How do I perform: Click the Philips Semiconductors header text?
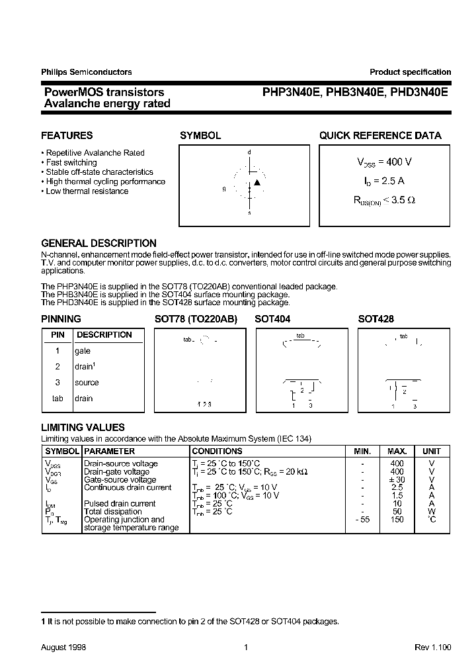(x=86, y=72)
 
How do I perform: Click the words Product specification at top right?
(x=410, y=72)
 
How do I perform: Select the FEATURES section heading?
(x=67, y=135)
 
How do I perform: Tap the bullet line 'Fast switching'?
(x=71, y=162)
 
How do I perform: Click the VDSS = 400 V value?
(x=384, y=162)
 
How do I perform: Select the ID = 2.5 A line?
(x=384, y=181)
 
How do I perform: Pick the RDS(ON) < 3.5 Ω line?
(x=384, y=199)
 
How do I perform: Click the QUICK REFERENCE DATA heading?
(x=380, y=135)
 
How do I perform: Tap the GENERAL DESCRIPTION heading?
(x=99, y=243)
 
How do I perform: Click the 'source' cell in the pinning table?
(x=87, y=383)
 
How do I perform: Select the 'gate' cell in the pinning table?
(x=83, y=351)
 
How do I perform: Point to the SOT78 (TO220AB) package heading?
(x=195, y=318)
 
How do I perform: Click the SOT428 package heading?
(x=376, y=318)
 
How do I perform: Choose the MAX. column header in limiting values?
(x=397, y=451)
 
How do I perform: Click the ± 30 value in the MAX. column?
(x=397, y=479)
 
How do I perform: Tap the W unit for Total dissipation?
(x=431, y=511)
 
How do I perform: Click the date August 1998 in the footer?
(x=63, y=647)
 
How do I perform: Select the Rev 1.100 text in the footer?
(x=432, y=647)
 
